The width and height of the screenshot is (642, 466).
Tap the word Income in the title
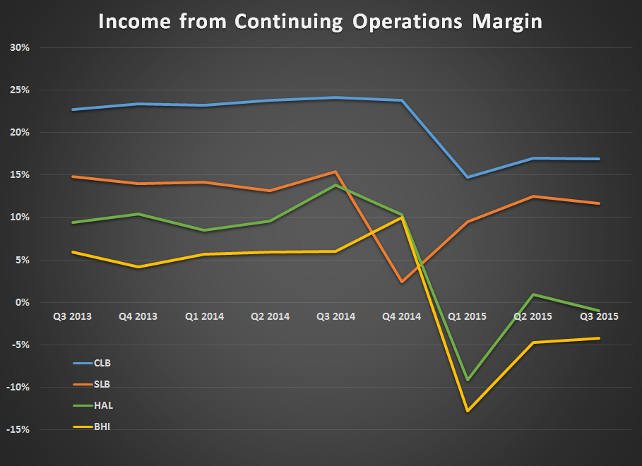click(x=131, y=22)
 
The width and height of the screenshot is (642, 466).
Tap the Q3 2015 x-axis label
click(x=599, y=316)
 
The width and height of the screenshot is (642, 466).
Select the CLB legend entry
click(x=102, y=364)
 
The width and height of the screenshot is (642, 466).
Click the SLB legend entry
click(x=102, y=385)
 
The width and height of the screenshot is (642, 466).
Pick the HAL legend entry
click(x=102, y=406)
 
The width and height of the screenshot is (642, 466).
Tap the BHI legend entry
click(x=102, y=427)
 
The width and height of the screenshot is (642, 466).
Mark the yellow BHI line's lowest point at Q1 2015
click(x=468, y=410)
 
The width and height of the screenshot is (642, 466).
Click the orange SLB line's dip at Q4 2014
click(x=402, y=282)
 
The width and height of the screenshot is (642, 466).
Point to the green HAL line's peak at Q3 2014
click(x=335, y=185)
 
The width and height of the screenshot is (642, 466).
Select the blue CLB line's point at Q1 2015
click(x=468, y=177)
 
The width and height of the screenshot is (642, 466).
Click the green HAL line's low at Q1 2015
click(x=468, y=380)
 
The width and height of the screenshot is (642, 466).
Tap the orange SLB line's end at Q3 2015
click(x=599, y=203)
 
